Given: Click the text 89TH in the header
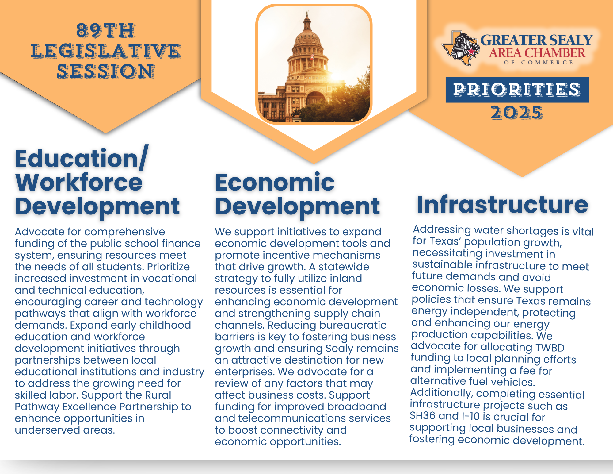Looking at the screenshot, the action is (x=106, y=31).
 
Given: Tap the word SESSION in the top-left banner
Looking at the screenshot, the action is (x=106, y=71).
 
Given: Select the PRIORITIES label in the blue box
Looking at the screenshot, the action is (x=517, y=90).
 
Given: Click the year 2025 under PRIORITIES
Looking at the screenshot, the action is (x=517, y=113).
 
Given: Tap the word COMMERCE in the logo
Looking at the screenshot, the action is (x=547, y=63).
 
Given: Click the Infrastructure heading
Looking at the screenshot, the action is (x=502, y=205).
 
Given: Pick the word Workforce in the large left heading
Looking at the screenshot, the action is (x=79, y=182).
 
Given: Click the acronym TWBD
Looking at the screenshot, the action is (x=550, y=348).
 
